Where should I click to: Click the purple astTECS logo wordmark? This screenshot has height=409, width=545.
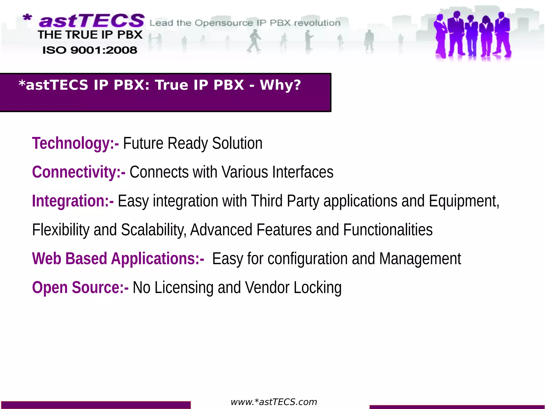(92, 21)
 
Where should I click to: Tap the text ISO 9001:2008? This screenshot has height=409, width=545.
(90, 50)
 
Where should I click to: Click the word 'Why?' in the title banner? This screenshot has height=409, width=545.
(280, 85)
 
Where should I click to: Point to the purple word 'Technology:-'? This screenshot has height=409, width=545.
(75, 143)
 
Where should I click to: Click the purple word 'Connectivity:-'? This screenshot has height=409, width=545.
(79, 172)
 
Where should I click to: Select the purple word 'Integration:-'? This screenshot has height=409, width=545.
(73, 201)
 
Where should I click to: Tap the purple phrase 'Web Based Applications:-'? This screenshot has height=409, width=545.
(118, 259)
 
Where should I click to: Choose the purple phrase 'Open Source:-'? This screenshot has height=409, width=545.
(80, 287)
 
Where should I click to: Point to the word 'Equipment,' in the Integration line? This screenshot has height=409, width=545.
(464, 201)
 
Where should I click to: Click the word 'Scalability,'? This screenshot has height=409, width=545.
(154, 230)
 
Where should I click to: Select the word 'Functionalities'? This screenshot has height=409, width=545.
(388, 230)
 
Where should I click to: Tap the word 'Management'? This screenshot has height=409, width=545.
(420, 259)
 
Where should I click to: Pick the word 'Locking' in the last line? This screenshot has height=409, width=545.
(317, 287)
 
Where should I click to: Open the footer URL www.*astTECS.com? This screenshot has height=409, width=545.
(274, 402)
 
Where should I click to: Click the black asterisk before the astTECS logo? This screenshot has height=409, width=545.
(27, 18)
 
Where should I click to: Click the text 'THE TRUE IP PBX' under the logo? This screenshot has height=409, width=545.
(90, 35)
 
